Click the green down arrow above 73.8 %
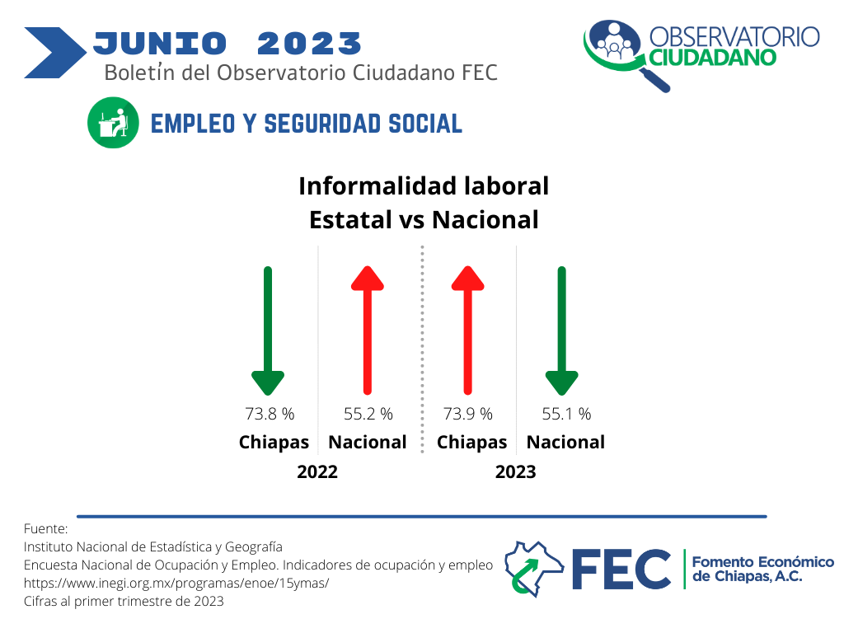click(268, 331)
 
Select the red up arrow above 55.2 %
click(368, 331)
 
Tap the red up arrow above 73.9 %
click(468, 331)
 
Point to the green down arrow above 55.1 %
click(561, 331)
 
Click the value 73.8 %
click(270, 414)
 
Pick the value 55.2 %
click(368, 414)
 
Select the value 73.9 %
click(468, 414)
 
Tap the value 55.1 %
click(566, 414)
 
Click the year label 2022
click(317, 472)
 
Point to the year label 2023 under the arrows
click(516, 472)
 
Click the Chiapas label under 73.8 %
click(274, 443)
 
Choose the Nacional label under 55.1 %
click(565, 443)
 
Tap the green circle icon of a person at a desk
click(113, 123)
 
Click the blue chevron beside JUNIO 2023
click(55, 53)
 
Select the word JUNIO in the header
click(160, 44)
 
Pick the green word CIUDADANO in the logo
click(713, 58)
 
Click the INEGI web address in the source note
click(176, 583)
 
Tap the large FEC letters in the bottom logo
click(621, 570)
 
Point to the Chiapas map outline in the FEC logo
click(534, 569)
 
